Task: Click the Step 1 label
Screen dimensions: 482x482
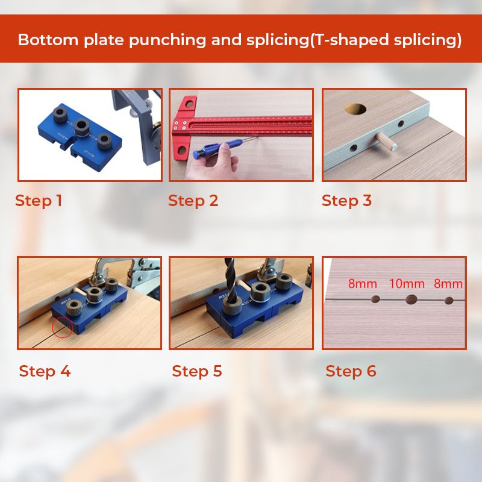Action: click(39, 201)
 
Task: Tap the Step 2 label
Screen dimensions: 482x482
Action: click(193, 201)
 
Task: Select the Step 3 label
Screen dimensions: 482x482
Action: click(346, 201)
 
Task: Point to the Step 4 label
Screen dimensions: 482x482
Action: click(45, 371)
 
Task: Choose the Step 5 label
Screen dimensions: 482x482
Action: click(197, 371)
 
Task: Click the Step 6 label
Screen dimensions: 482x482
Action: click(351, 371)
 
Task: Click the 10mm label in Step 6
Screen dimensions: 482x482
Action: click(407, 283)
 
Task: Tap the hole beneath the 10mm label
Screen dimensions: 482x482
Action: click(411, 299)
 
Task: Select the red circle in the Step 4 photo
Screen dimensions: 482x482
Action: click(63, 328)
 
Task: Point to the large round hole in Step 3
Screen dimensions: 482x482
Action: click(355, 109)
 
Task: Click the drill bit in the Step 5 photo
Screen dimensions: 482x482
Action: click(231, 279)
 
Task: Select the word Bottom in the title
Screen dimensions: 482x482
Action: click(48, 40)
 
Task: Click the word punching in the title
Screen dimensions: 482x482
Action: click(167, 40)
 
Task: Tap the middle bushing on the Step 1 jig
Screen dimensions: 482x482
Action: click(82, 127)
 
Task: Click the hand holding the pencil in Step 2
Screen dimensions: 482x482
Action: click(214, 161)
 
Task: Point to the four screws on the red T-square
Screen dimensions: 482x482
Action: click(180, 125)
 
